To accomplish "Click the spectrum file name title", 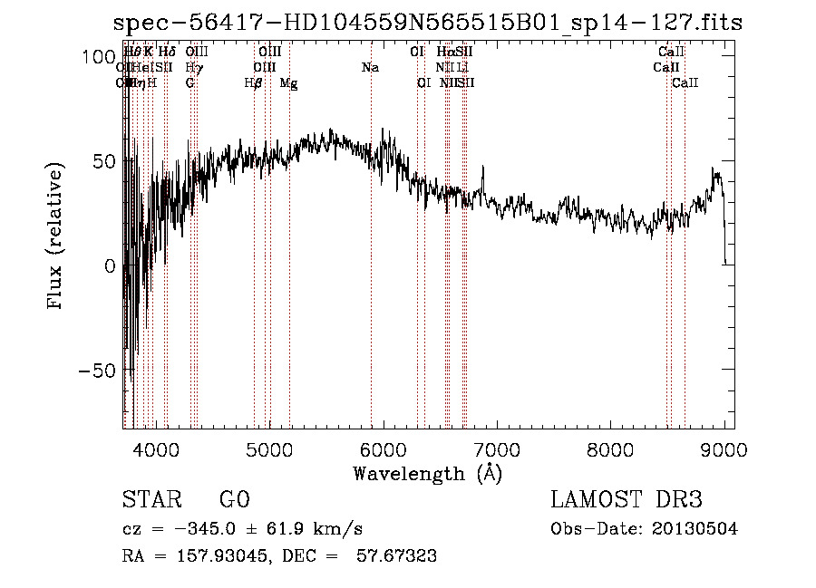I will pos(428,24).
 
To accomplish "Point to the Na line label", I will pos(370,68).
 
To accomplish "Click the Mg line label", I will pos(288,83).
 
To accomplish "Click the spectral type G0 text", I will pos(234,500).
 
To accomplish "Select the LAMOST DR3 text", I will pos(627,500).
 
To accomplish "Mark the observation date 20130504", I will pos(695,529).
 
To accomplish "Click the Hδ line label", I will pos(167,53).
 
